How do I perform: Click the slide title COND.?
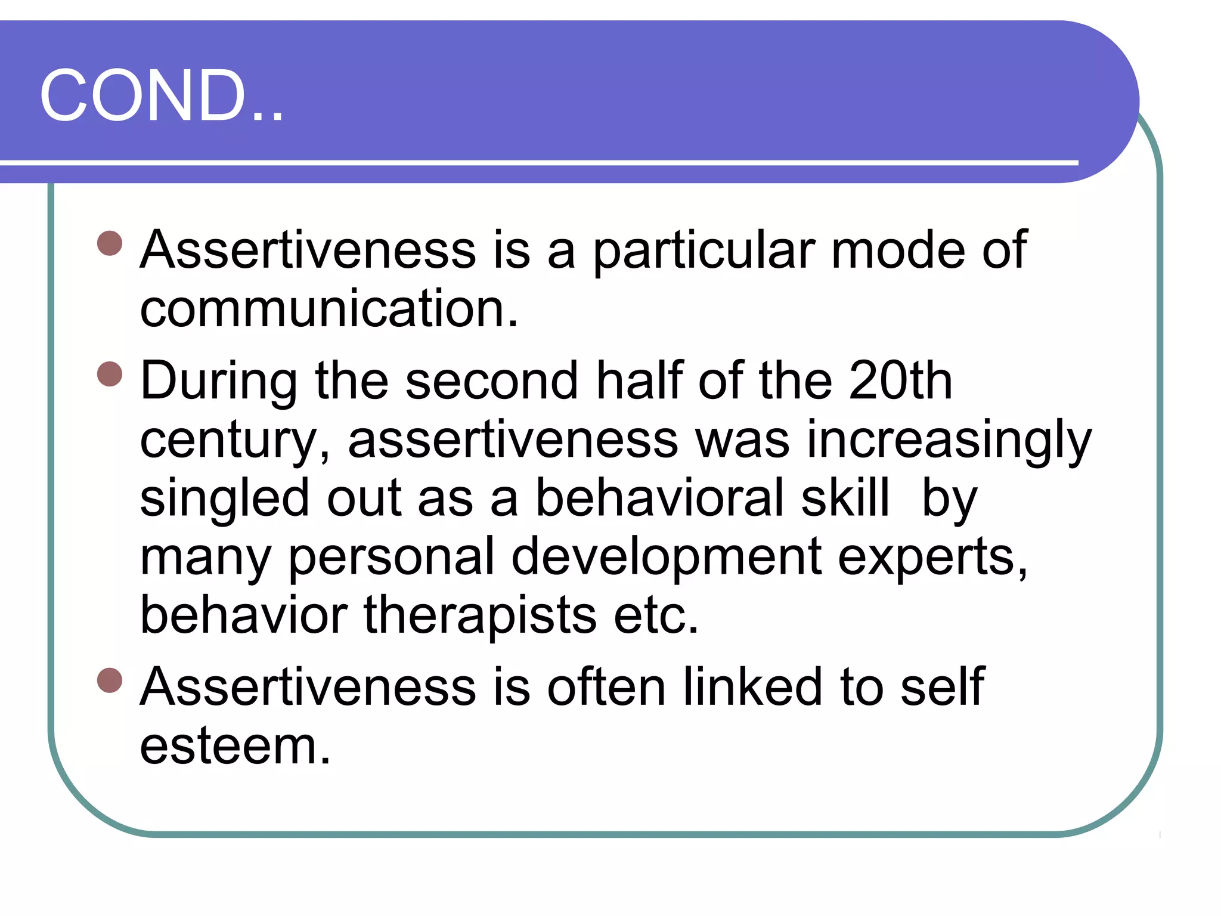pos(161,95)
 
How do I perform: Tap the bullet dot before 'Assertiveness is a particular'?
pos(110,243)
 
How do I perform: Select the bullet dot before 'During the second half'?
pos(110,375)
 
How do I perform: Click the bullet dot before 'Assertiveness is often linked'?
pos(110,680)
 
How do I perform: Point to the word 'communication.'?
pos(329,309)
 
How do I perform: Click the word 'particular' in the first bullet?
pos(704,250)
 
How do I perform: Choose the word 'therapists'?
pos(480,615)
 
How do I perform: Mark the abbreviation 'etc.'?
pos(656,615)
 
